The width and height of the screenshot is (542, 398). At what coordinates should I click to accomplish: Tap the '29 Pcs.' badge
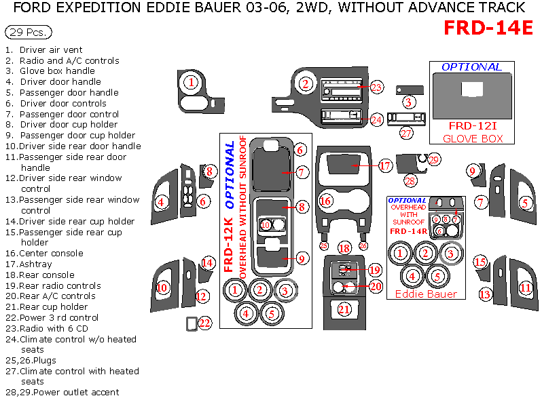pyautogui.click(x=28, y=33)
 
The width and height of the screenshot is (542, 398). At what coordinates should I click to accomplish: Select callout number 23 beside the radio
pyautogui.click(x=376, y=87)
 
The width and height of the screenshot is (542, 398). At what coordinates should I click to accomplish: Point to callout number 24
pyautogui.click(x=376, y=119)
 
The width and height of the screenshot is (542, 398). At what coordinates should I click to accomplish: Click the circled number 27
pyautogui.click(x=406, y=134)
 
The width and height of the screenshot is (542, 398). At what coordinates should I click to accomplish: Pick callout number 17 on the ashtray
pyautogui.click(x=385, y=165)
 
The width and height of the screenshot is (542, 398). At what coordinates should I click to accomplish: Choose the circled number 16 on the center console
pyautogui.click(x=326, y=201)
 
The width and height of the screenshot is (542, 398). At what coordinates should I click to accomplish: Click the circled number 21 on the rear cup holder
pyautogui.click(x=345, y=309)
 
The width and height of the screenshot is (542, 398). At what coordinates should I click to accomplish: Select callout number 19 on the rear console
pyautogui.click(x=375, y=270)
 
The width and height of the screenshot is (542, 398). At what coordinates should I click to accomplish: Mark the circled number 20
pyautogui.click(x=376, y=287)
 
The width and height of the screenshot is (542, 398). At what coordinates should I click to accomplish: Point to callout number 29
pyautogui.click(x=434, y=159)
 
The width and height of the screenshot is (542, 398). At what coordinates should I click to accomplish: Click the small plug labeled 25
pyautogui.click(x=323, y=246)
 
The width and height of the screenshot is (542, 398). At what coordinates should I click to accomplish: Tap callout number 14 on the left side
pyautogui.click(x=207, y=263)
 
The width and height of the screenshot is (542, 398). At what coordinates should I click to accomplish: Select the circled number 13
pyautogui.click(x=484, y=295)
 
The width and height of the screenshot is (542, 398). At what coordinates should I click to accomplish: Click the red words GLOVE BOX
pyautogui.click(x=473, y=138)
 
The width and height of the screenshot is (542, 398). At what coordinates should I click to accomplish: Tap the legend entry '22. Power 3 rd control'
pyautogui.click(x=52, y=317)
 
